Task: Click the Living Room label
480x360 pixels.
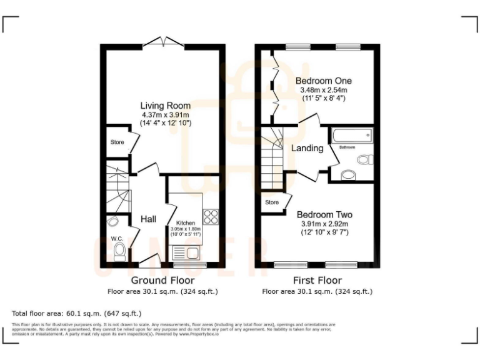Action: click(x=165, y=106)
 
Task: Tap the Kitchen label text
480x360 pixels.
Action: click(x=186, y=222)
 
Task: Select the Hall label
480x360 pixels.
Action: click(x=148, y=219)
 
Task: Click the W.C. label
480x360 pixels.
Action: click(x=116, y=238)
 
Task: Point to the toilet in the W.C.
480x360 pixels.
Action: click(x=119, y=251)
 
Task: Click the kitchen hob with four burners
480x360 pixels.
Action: click(x=210, y=217)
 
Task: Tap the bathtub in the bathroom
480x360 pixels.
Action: click(x=351, y=136)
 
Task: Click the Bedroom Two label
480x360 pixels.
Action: click(x=323, y=214)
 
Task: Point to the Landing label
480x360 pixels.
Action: click(x=307, y=148)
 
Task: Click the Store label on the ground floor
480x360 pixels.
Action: click(x=117, y=142)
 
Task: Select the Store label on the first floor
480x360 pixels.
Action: click(x=272, y=202)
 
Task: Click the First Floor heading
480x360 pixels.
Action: click(x=317, y=281)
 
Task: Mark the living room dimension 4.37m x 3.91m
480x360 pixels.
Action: click(x=165, y=115)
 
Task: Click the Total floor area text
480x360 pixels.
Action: click(x=76, y=312)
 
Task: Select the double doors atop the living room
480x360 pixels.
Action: click(x=163, y=41)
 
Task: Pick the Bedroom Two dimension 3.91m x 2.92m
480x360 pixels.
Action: click(x=323, y=224)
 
